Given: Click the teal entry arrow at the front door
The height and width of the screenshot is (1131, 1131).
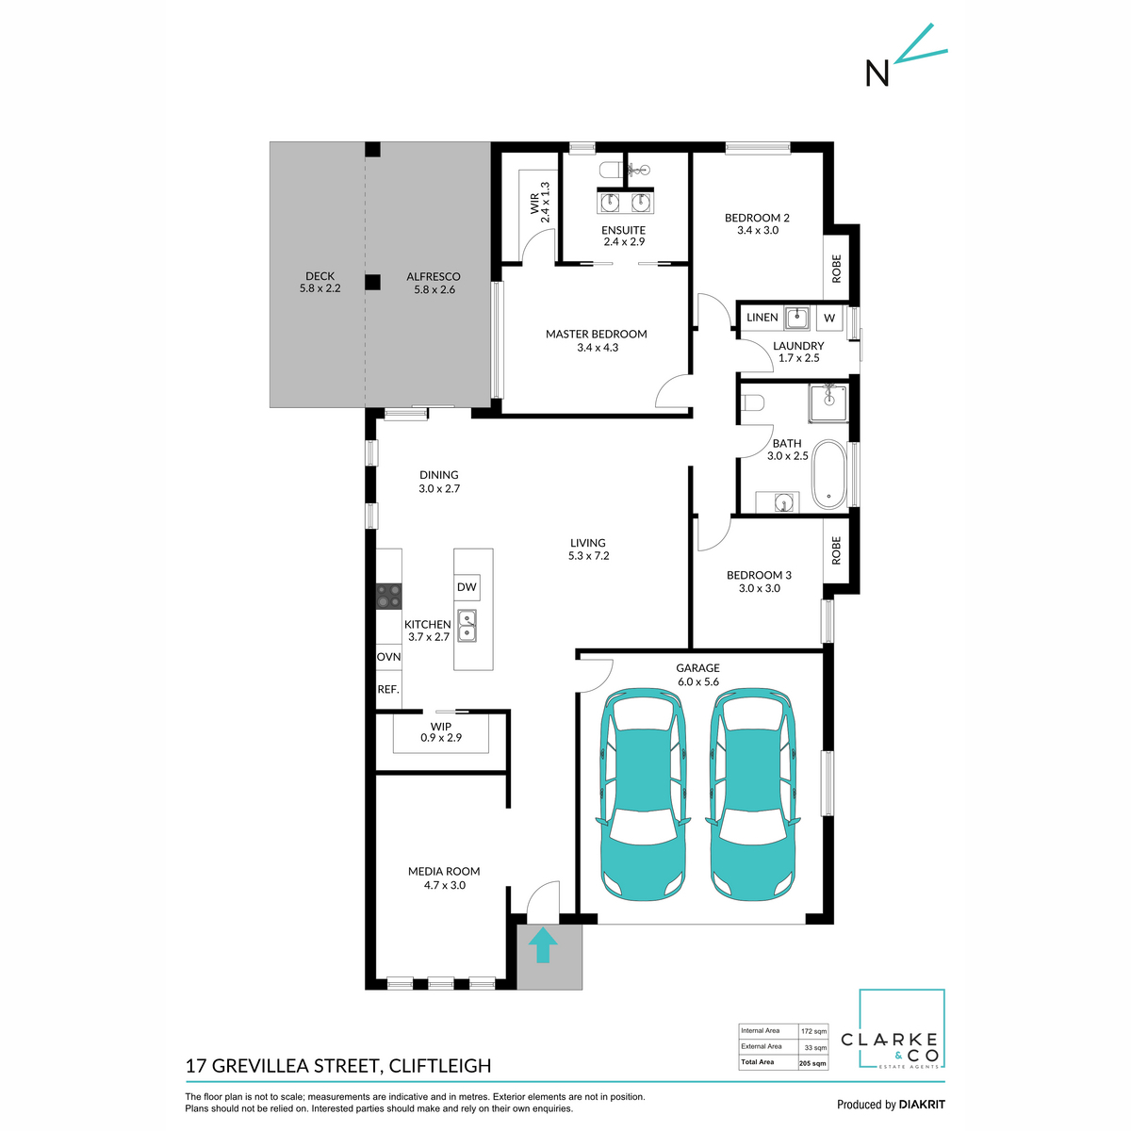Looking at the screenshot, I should click(x=542, y=945).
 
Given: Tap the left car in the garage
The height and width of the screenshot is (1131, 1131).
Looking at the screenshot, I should click(x=640, y=792).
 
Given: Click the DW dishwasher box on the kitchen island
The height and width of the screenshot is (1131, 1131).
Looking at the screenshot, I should click(x=467, y=587).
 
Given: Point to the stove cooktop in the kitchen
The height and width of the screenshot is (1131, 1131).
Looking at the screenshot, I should click(x=388, y=596).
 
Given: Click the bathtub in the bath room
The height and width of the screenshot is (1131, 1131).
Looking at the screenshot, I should click(x=829, y=474).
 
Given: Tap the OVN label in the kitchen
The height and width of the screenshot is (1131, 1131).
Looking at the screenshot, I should click(x=388, y=657).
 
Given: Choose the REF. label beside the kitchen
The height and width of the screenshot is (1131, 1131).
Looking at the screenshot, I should click(x=388, y=689).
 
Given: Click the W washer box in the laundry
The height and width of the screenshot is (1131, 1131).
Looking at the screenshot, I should click(x=829, y=318).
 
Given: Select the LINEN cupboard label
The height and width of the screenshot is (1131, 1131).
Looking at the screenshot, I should click(x=762, y=318).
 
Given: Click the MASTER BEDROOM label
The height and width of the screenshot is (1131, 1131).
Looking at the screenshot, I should click(x=597, y=335).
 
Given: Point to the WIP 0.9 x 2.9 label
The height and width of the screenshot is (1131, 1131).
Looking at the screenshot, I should click(x=441, y=732).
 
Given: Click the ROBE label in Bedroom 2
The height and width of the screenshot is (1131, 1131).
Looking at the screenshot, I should click(x=836, y=269).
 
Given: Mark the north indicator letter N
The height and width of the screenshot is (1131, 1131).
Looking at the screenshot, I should click(x=877, y=74).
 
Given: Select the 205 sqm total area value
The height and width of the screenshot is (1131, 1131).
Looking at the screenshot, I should click(x=811, y=1062).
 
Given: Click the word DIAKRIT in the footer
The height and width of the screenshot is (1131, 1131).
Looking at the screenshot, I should click(x=921, y=1105).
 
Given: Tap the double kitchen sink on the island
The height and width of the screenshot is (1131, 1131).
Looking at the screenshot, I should click(x=467, y=624).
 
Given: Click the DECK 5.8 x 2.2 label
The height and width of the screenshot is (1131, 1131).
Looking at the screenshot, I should click(x=320, y=282).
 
